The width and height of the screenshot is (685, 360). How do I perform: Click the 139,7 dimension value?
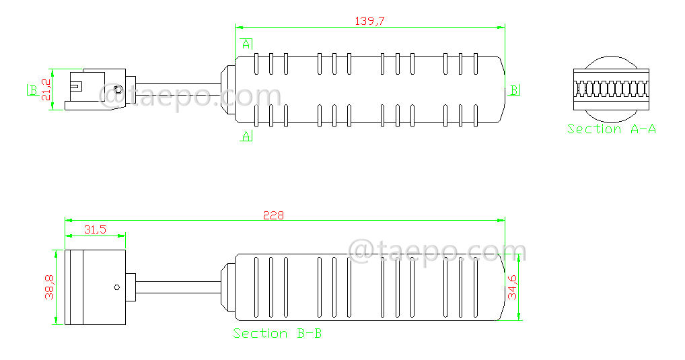pyautogui.click(x=369, y=21)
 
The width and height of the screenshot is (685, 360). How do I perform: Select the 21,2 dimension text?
pyautogui.click(x=46, y=89)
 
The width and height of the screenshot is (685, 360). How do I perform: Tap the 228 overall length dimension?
pyautogui.click(x=273, y=215)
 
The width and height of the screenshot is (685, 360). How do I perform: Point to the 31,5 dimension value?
pyautogui.click(x=95, y=229)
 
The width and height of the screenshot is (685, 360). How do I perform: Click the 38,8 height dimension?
pyautogui.click(x=49, y=287)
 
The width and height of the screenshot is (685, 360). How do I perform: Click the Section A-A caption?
pyautogui.click(x=611, y=129)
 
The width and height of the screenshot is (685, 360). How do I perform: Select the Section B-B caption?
pyautogui.click(x=277, y=333)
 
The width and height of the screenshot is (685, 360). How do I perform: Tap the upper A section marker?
pyautogui.click(x=247, y=44)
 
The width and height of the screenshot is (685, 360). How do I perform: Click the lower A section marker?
pyautogui.click(x=247, y=136)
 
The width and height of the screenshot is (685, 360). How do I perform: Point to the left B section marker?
pyautogui.click(x=32, y=89)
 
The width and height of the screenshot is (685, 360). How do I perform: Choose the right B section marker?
pyautogui.click(x=514, y=89)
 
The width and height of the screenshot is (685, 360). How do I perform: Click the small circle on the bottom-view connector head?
pyautogui.click(x=117, y=288)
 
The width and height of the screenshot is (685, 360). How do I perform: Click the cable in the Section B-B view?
pyautogui.click(x=178, y=288)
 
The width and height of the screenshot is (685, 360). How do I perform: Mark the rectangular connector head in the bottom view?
pyautogui.click(x=95, y=288)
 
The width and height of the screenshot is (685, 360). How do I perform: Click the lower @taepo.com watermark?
pyautogui.click(x=437, y=252)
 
